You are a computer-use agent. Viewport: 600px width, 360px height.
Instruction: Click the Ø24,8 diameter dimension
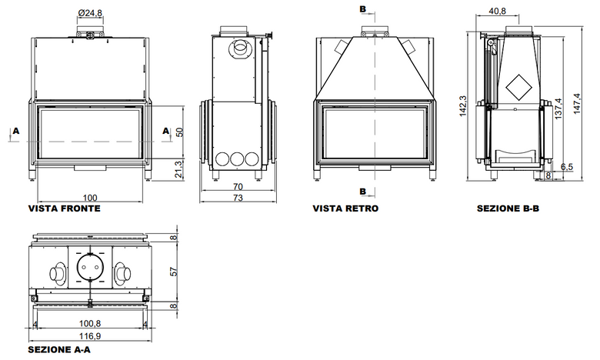[x=90, y=12]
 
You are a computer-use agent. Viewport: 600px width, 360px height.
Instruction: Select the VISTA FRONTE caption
[x=65, y=208]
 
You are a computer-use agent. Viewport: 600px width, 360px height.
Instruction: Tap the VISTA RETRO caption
[x=345, y=208]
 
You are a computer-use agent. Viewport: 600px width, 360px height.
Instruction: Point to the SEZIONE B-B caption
[x=508, y=208]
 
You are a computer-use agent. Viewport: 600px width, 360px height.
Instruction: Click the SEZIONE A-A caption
[x=59, y=350]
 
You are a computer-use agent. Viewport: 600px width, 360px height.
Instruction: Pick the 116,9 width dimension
[x=90, y=336]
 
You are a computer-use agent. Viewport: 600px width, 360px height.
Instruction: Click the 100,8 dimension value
[x=90, y=324]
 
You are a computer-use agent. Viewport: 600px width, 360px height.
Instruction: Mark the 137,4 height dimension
[x=558, y=108]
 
